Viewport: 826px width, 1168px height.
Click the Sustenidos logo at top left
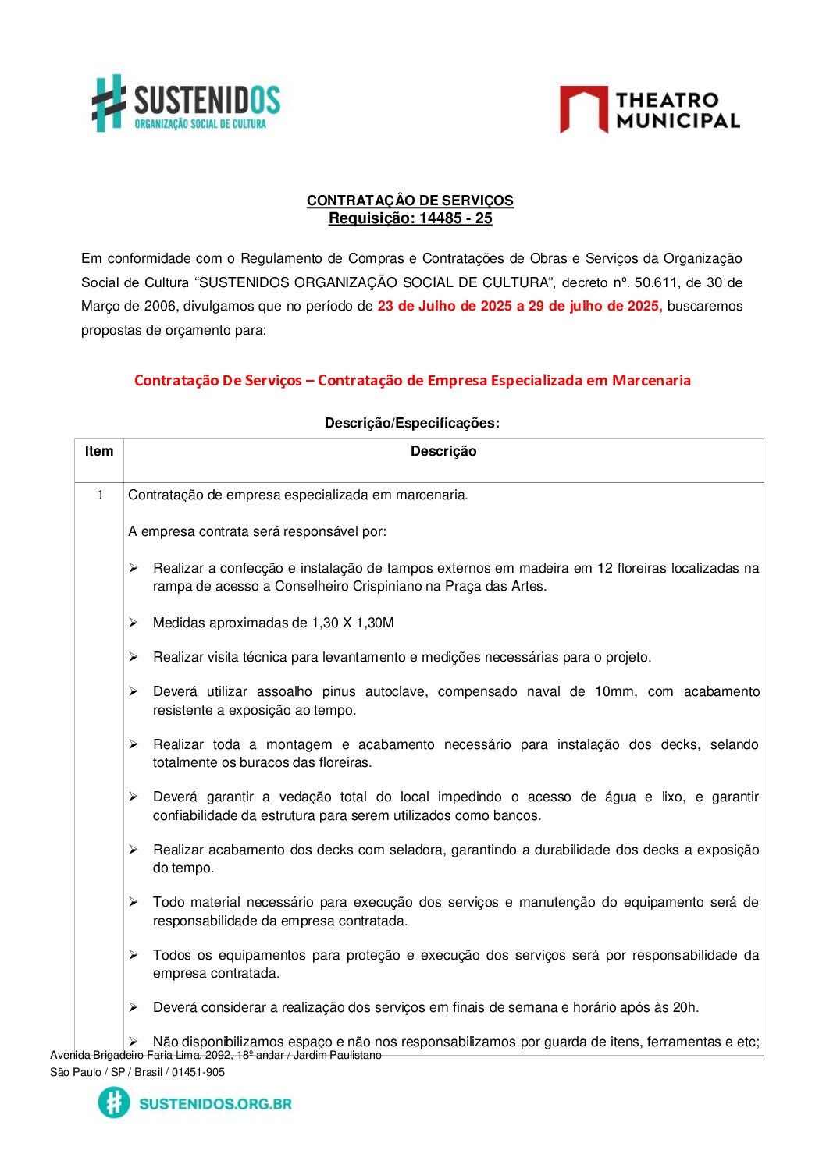point(186,104)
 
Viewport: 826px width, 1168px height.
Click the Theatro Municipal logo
point(650,110)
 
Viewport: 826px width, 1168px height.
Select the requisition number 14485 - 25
point(455,218)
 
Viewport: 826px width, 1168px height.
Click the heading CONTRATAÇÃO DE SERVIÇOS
point(410,201)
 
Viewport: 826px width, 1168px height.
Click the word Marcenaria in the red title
point(651,381)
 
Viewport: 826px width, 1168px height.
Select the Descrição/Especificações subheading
point(411,423)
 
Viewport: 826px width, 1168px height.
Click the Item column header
point(99,451)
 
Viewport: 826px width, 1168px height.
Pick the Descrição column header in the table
point(443,451)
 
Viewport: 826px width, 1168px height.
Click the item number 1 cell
point(100,495)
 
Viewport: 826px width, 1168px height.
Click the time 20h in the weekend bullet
point(684,1007)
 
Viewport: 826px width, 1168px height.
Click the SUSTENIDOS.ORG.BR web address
point(215,1104)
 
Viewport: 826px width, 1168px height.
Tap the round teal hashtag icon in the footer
point(114,1102)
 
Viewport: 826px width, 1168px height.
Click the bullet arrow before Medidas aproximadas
point(134,623)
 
